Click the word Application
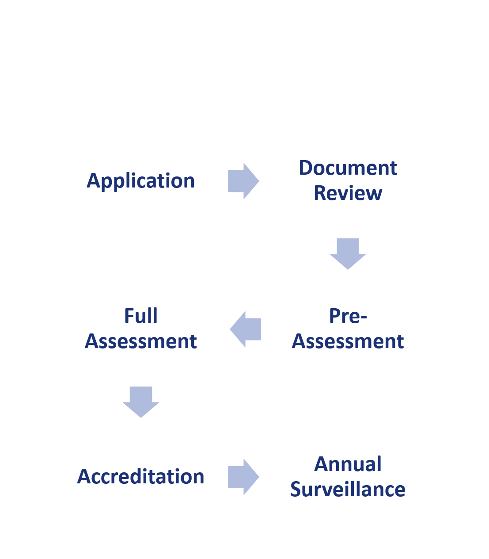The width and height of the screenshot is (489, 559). (140, 181)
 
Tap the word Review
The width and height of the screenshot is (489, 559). (348, 193)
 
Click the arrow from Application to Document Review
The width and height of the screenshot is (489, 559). (243, 181)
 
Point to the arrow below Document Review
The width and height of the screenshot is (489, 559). (348, 254)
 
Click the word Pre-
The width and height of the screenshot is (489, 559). (348, 316)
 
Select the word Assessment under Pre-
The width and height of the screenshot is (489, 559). (348, 341)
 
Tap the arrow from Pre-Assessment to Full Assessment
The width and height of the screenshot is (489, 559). (245, 329)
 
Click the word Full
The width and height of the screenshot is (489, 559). (141, 316)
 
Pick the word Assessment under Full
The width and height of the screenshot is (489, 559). (141, 341)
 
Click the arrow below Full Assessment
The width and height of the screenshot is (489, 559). (141, 402)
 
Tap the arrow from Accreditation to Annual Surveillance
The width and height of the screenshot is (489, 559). (243, 477)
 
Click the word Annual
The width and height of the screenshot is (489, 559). (348, 464)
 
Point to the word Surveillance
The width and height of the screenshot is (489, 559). (348, 489)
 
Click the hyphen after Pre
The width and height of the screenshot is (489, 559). (364, 318)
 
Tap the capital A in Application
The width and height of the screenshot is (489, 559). (93, 180)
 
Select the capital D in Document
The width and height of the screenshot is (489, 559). (306, 168)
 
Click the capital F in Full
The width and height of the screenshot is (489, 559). (129, 316)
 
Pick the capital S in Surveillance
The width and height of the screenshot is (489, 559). (296, 489)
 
